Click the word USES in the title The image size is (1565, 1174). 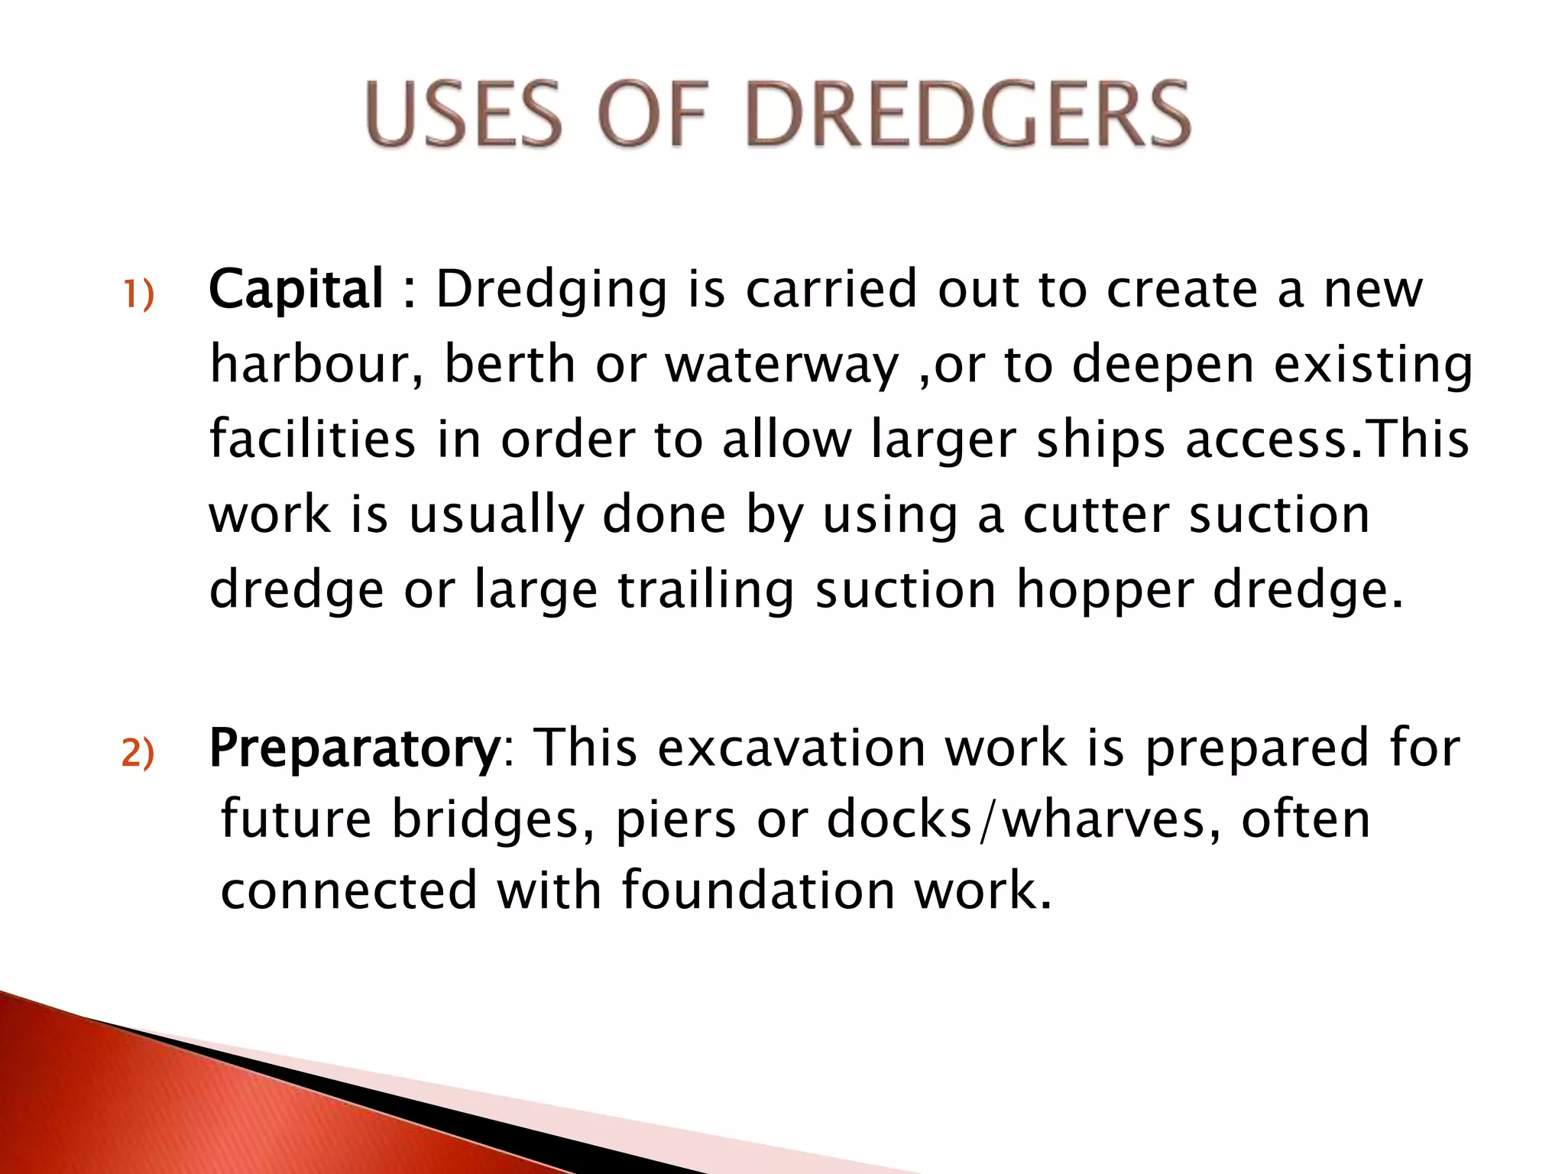coord(464,115)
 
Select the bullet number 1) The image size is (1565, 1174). coord(138,295)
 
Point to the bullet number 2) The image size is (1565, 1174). coord(138,754)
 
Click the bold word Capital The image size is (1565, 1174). coord(296,290)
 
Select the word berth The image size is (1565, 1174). coord(510,364)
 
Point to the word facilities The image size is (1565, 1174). coord(313,439)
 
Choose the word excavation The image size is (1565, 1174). coord(792,748)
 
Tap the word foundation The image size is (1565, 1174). coord(758,891)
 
